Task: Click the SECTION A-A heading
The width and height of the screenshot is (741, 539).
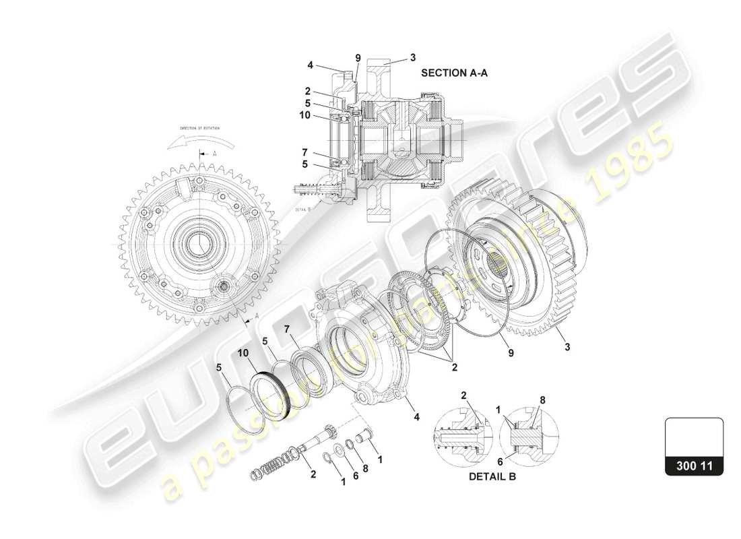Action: tap(454, 73)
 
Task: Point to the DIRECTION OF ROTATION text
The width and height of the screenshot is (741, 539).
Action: tap(199, 127)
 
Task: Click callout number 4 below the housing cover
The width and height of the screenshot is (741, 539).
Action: tap(416, 417)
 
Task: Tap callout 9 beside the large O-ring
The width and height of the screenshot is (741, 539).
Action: tap(511, 352)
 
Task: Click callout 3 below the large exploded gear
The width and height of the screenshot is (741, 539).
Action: tap(567, 347)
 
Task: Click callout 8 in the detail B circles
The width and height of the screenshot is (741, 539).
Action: tap(542, 400)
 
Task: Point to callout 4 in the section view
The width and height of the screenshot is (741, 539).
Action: tap(310, 65)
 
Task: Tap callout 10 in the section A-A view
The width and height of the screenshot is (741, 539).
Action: tap(304, 115)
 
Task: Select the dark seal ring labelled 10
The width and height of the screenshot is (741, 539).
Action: tap(273, 391)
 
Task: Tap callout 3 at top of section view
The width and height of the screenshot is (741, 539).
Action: tap(414, 57)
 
